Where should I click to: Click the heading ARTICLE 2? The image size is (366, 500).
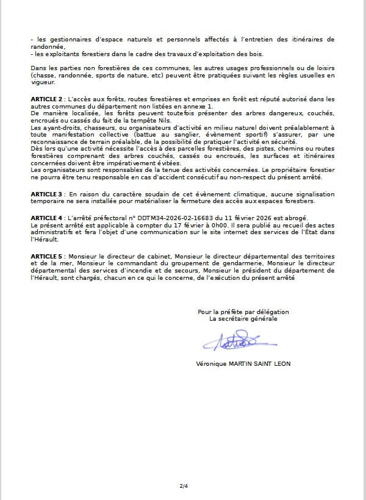[47, 99]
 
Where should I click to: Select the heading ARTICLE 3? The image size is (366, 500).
[47, 194]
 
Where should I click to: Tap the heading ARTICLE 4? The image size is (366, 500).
[47, 218]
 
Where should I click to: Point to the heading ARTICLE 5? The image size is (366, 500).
[47, 256]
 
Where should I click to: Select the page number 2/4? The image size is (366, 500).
[184, 486]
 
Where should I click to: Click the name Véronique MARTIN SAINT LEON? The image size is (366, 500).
[243, 364]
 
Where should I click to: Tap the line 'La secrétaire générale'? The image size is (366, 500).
[243, 318]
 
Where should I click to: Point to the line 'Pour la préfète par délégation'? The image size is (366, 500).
[243, 312]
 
